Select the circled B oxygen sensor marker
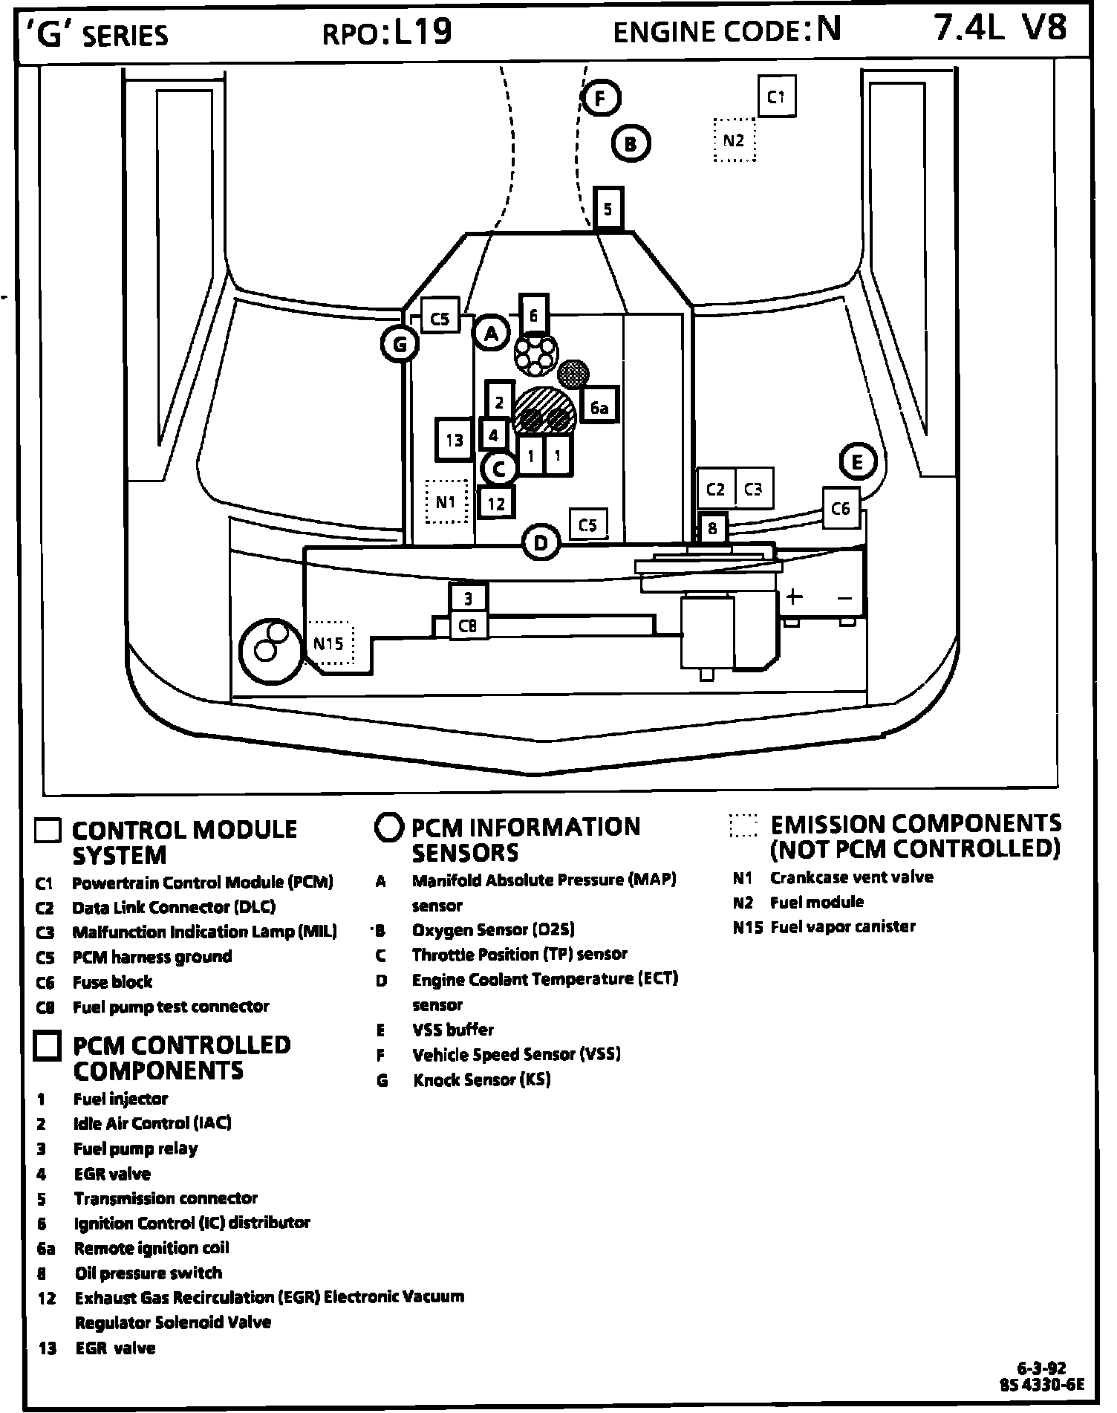coord(631,143)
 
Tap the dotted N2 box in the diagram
coord(734,140)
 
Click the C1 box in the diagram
coord(776,97)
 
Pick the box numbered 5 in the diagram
coord(608,209)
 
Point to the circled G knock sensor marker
coord(400,344)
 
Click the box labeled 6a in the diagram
coord(599,407)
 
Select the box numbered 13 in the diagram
coord(455,440)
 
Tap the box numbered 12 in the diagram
coord(496,504)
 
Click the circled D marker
coord(541,543)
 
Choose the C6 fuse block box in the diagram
coord(840,508)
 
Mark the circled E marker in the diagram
coord(858,462)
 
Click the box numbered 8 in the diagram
coord(712,528)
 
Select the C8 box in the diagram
coord(468,626)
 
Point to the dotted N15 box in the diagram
coord(329,643)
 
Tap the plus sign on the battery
coord(794,597)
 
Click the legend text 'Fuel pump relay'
coord(135,1149)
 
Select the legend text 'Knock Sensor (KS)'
coord(481,1079)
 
